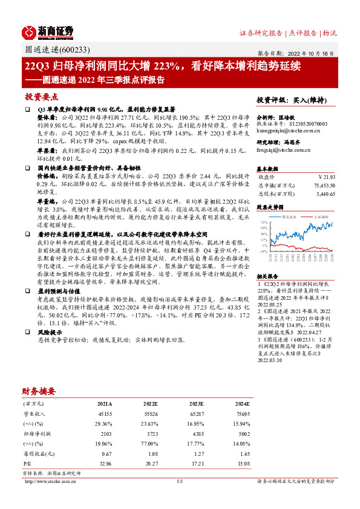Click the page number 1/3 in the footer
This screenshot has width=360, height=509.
[x=179, y=481]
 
